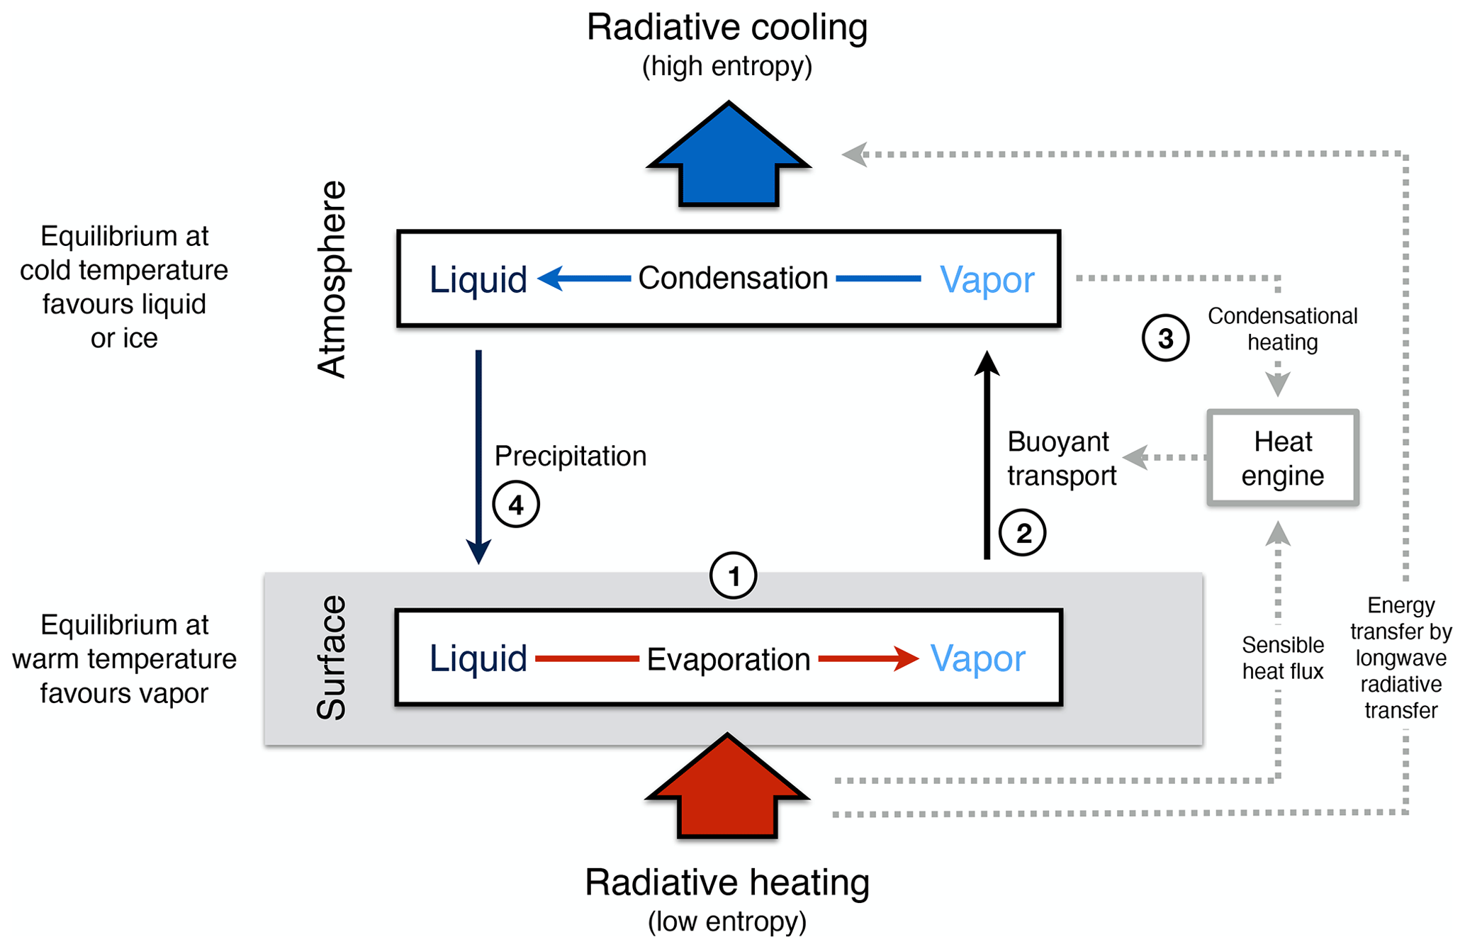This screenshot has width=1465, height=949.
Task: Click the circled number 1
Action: [733, 575]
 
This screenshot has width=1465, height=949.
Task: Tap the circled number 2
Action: [1022, 532]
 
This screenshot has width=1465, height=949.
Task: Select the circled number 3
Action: [1165, 338]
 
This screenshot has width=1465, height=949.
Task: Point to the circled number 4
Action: [516, 505]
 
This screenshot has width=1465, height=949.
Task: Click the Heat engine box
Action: [1282, 458]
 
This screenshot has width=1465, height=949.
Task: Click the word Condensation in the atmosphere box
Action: [733, 278]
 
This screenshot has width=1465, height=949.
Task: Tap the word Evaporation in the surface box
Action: [728, 659]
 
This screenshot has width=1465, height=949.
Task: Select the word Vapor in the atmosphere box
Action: [987, 279]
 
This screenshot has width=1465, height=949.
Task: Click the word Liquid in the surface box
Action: [478, 658]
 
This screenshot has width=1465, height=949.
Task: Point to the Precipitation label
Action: [570, 456]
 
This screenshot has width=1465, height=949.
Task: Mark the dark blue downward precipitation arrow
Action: [478, 454]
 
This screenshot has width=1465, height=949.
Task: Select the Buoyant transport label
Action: [1061, 459]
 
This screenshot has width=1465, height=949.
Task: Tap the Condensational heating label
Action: [1282, 329]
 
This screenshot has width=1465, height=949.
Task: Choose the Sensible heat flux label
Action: [1282, 658]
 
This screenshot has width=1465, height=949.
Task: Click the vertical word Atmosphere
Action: [332, 279]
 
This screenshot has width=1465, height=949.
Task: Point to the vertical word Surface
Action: [331, 658]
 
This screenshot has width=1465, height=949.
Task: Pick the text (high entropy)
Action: [727, 67]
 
